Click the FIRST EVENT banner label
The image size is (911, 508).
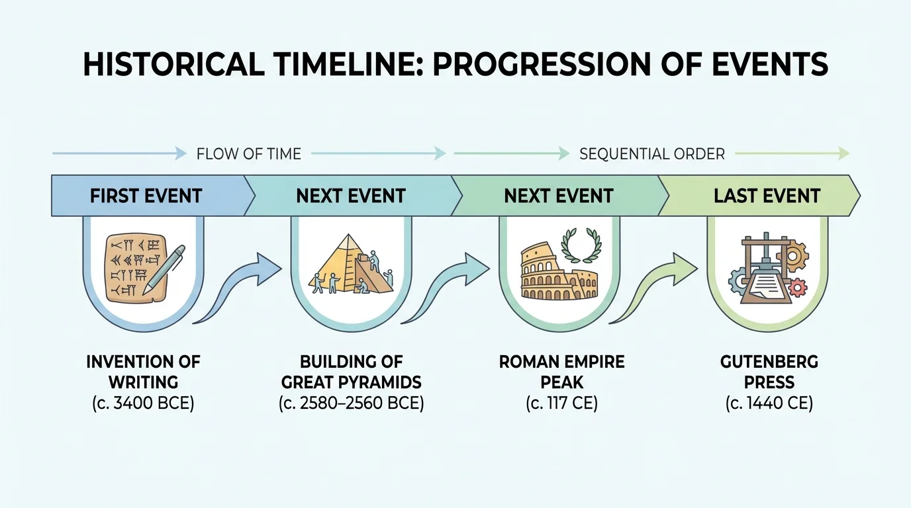tap(146, 196)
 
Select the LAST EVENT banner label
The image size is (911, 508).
tap(767, 196)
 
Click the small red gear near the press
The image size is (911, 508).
tap(799, 287)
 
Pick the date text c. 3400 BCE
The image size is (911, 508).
tap(142, 403)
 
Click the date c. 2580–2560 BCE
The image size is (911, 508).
tap(351, 403)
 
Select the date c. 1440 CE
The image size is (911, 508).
tap(769, 403)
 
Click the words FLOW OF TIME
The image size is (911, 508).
tap(248, 154)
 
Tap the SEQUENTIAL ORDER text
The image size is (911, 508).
tap(651, 154)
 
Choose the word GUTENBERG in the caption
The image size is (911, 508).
tap(769, 362)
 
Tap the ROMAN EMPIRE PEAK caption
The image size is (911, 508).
tap(561, 372)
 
